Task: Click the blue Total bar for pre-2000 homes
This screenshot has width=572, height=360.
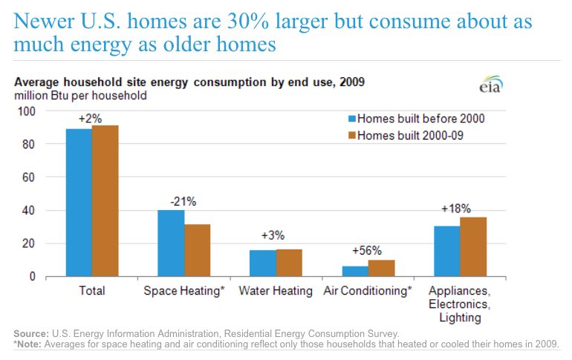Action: point(79,203)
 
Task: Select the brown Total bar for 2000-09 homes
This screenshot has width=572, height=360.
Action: point(105,201)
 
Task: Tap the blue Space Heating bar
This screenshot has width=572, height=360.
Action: point(172,243)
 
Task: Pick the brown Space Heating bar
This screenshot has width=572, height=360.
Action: point(198,250)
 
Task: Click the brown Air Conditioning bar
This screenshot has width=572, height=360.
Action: point(382,268)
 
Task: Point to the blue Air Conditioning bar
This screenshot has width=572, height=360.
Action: point(355,271)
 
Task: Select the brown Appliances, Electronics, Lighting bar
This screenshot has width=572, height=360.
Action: point(473,246)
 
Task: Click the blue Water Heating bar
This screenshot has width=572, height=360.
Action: point(263,264)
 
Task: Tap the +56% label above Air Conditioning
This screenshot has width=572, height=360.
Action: point(368,250)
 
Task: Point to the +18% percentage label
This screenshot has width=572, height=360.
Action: point(459,209)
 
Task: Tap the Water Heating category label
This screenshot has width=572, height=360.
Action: point(276,291)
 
